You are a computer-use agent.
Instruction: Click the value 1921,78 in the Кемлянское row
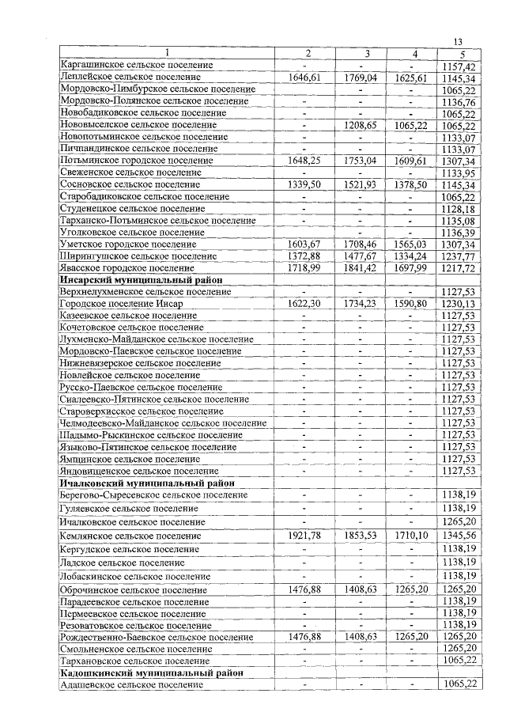click(309, 536)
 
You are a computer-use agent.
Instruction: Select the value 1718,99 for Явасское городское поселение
click(309, 268)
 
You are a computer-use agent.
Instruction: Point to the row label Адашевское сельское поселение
click(130, 684)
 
